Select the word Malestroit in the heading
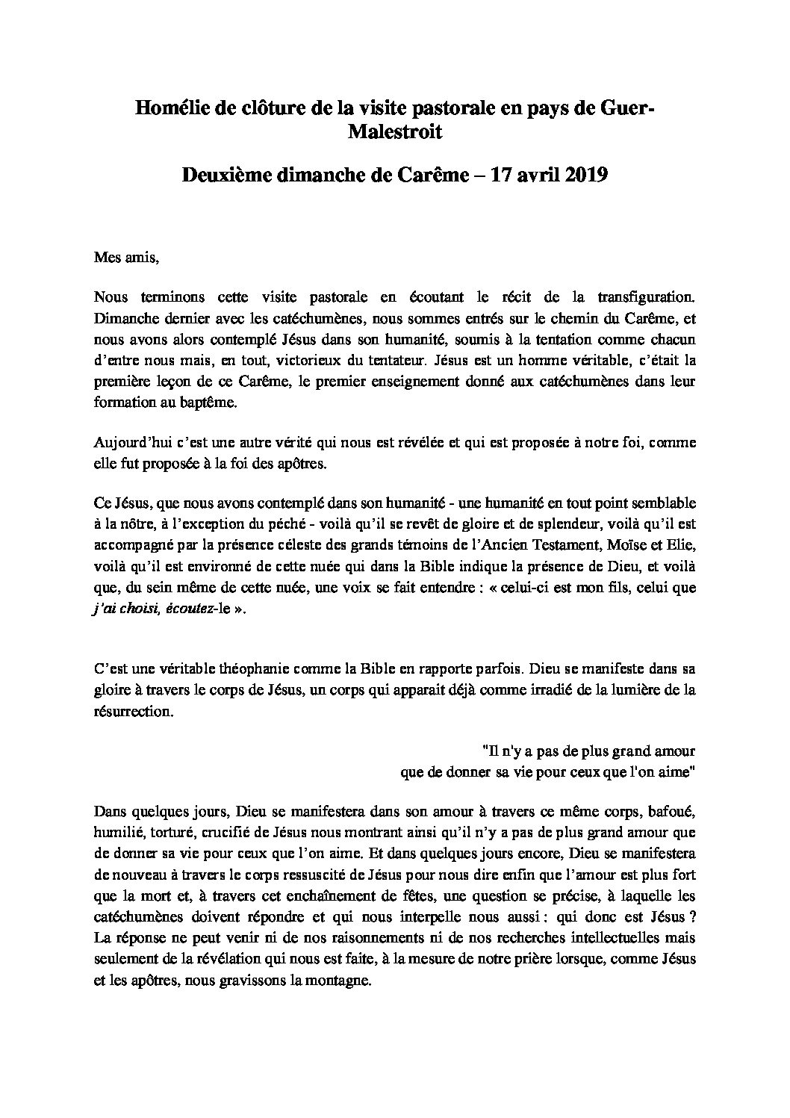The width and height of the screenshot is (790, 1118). [395, 133]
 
